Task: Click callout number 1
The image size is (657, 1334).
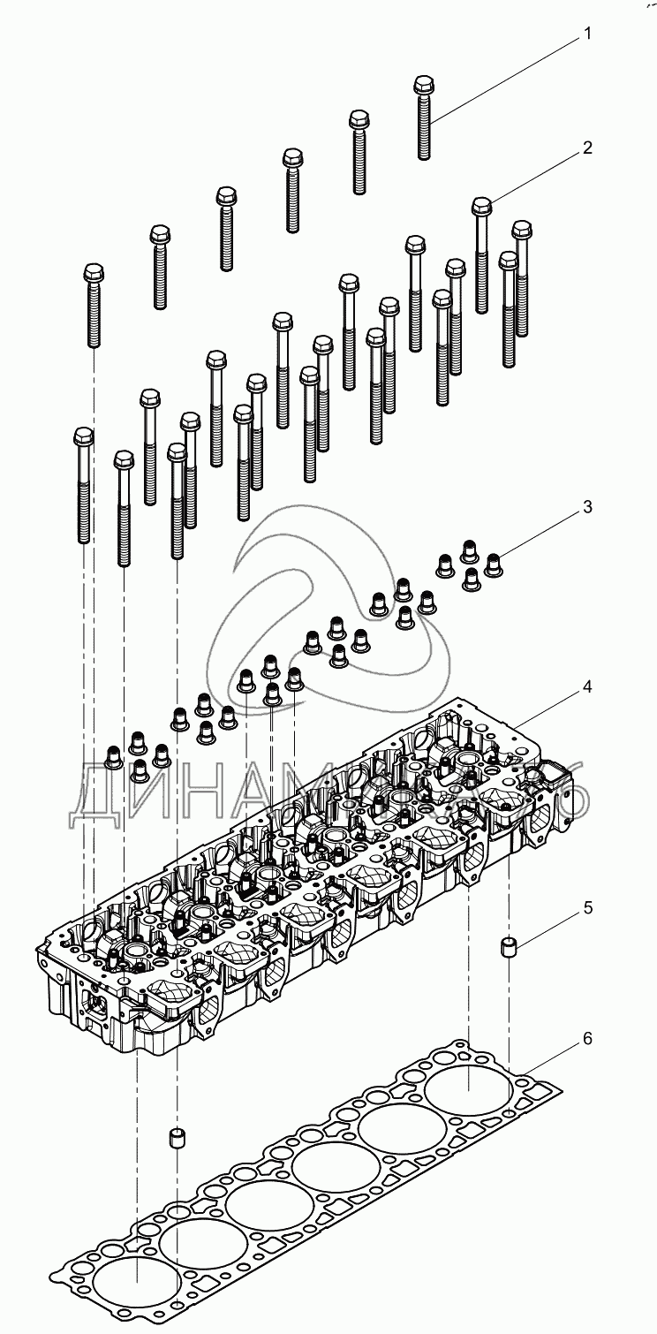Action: point(586,35)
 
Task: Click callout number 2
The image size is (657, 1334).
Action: point(586,148)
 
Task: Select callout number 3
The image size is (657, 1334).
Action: point(586,508)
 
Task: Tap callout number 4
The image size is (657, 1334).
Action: point(586,686)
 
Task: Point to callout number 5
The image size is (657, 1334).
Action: point(586,908)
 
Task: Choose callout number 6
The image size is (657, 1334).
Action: point(586,1039)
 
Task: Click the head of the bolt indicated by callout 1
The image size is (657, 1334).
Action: point(424,86)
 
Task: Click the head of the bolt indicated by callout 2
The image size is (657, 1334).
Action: point(482,206)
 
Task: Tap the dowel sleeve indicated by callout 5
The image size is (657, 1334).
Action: point(510,949)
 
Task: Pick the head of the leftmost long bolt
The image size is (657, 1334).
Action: point(83,436)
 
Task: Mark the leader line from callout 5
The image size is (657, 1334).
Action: point(550,927)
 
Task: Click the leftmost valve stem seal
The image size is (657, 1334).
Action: point(114,755)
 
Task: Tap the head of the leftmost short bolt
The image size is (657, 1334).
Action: point(94,272)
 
